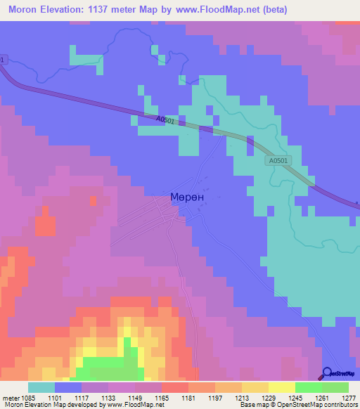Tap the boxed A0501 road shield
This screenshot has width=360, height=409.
tap(278, 161)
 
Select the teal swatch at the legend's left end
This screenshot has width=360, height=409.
tap(41, 387)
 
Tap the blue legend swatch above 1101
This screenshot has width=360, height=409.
tap(68, 387)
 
